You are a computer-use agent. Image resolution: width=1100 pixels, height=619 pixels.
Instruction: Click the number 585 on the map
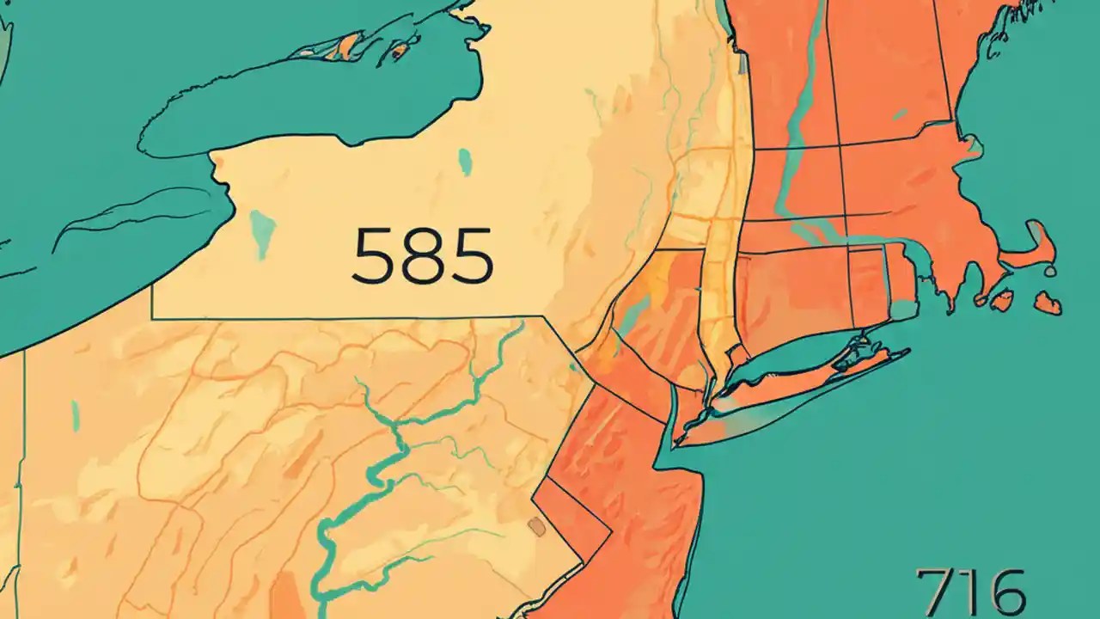tap(423, 256)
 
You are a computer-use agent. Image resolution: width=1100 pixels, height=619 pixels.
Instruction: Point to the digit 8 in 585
tap(423, 256)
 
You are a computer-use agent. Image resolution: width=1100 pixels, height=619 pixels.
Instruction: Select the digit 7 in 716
tap(931, 591)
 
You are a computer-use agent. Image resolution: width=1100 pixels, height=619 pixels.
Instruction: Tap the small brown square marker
tap(536, 527)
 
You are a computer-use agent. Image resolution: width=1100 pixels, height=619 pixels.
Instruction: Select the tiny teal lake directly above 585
tap(465, 162)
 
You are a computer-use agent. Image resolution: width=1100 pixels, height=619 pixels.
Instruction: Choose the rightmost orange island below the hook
tap(1047, 303)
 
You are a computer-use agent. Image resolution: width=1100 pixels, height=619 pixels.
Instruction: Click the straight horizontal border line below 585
tap(344, 318)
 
